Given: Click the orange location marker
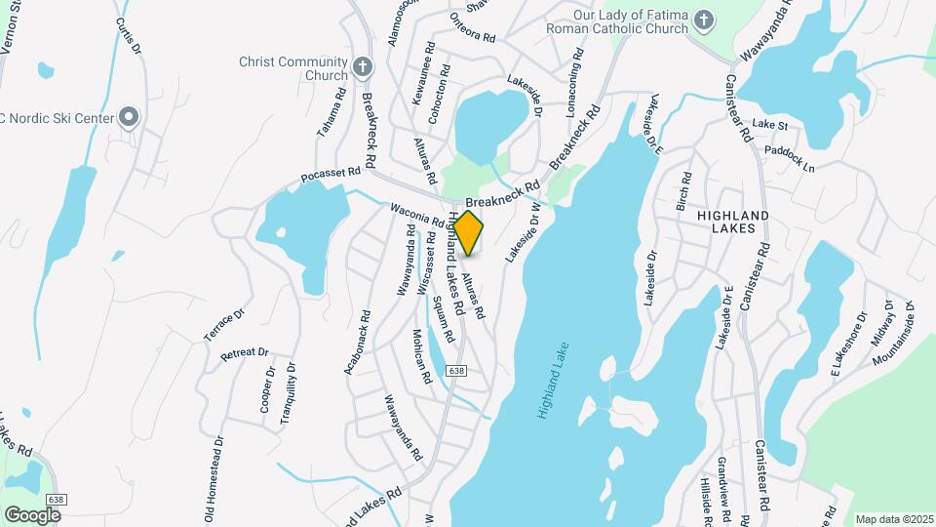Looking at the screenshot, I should pos(468,232).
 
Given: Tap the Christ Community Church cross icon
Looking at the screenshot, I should pos(363,67).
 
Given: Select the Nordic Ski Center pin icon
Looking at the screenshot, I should pos(129,118).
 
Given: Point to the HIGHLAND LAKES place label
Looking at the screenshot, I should pos(733,222).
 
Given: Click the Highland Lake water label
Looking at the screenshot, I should pos(550,387).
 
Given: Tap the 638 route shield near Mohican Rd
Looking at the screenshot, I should pos(457,371).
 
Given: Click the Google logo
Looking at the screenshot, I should pos(32,514).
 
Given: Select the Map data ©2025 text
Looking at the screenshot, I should pos(892,519).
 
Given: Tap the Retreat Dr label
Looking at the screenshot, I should pos(244,352).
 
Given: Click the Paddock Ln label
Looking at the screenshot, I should pos(790,159).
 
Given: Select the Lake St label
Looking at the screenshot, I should pos(769,125).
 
